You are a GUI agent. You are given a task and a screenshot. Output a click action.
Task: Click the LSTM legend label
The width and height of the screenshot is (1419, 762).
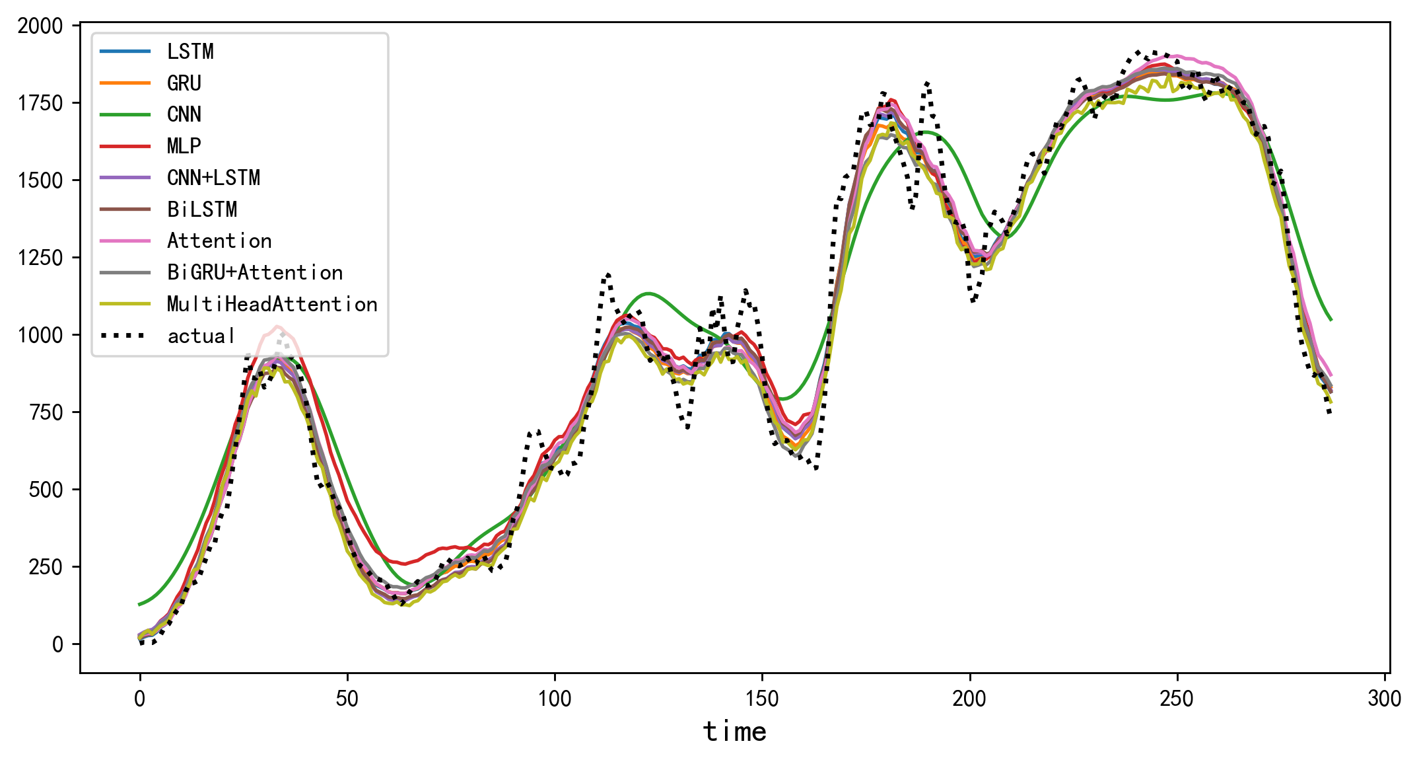(190, 52)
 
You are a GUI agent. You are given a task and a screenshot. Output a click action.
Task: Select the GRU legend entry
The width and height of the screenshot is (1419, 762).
(184, 83)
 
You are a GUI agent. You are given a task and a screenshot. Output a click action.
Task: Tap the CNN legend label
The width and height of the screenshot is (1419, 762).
(184, 114)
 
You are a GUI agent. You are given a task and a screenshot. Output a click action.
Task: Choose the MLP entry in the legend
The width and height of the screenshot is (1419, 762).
(184, 146)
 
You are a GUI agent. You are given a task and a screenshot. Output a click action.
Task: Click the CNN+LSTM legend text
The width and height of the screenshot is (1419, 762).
(213, 178)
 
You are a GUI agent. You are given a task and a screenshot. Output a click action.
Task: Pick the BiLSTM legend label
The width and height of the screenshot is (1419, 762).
(201, 210)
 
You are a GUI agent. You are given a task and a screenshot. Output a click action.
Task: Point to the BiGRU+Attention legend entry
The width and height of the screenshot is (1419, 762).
(255, 272)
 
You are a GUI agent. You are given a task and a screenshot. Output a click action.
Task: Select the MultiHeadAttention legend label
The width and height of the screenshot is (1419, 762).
(272, 304)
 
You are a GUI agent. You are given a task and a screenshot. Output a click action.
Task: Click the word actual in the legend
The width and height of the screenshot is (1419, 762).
(201, 336)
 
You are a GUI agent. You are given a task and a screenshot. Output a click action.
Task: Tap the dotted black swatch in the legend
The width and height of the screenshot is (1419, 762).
(125, 336)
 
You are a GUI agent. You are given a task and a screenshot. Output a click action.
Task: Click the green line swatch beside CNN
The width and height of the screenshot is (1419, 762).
(125, 114)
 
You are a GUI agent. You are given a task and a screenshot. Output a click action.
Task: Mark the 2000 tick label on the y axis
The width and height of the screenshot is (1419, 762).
(40, 26)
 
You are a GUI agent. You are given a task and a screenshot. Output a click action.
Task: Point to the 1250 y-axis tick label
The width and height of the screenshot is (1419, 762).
(40, 258)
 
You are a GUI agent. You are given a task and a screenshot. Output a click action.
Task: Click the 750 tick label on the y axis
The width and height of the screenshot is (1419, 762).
(46, 412)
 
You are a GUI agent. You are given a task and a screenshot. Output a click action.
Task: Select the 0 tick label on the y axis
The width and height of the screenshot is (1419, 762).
(57, 644)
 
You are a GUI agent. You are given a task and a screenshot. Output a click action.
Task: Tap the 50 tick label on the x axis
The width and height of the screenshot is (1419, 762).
(347, 699)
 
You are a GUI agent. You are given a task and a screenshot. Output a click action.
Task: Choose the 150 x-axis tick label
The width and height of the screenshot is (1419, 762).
(762, 699)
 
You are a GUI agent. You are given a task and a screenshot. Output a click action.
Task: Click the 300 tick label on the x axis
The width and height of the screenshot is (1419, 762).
(1384, 699)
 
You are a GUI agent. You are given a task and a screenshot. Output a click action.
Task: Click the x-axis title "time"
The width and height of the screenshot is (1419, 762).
(734, 732)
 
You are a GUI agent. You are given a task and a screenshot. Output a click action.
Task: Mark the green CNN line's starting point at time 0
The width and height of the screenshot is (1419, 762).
(140, 604)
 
